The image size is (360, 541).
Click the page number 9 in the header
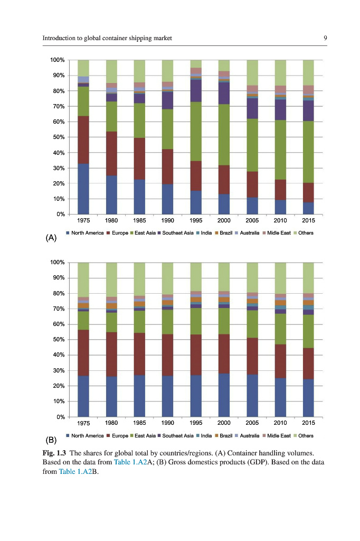[326, 38]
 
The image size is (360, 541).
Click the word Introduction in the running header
[60, 38]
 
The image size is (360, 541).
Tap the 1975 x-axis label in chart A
[83, 220]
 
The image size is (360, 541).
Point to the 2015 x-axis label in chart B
[308, 423]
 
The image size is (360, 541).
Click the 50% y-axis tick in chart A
[58, 137]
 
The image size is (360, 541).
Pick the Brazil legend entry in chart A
[224, 232]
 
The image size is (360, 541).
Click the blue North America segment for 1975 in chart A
[83, 189]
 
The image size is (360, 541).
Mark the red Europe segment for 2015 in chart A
[308, 192]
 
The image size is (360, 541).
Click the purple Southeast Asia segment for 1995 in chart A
[196, 90]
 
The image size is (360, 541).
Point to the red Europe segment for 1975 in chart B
[83, 353]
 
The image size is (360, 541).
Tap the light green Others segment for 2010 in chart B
[280, 278]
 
